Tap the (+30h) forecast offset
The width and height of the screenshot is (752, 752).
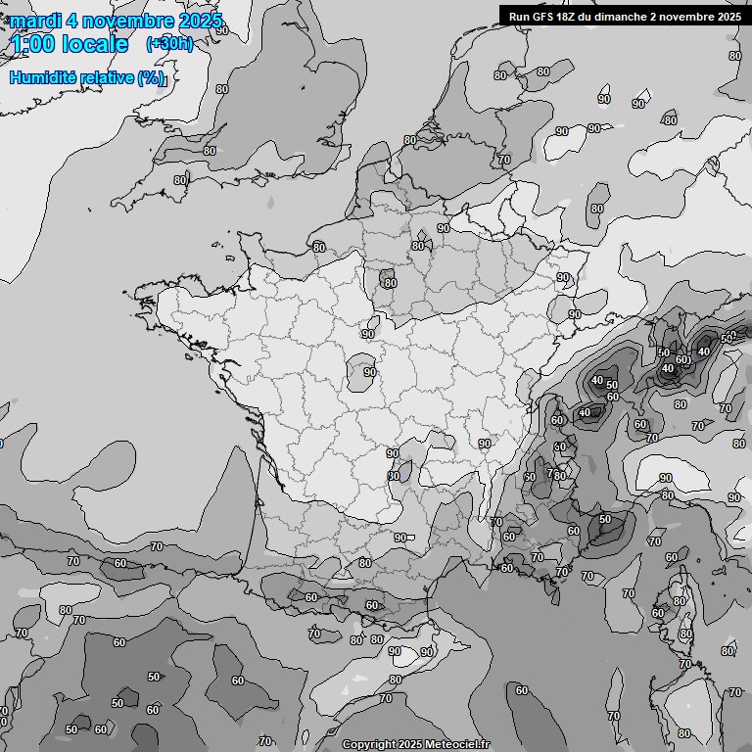[169, 44]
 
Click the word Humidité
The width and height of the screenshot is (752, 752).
[41, 77]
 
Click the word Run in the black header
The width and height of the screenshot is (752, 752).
[519, 16]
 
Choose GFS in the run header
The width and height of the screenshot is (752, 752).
[543, 16]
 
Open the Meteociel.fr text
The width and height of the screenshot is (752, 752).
[455, 745]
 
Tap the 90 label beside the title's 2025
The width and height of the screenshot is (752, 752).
[222, 30]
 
